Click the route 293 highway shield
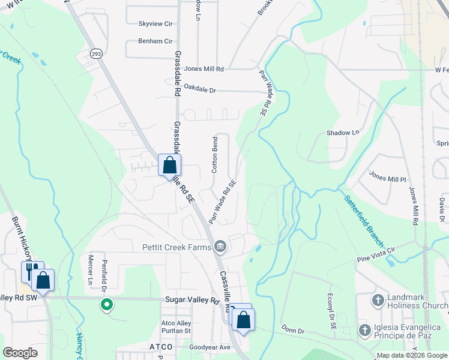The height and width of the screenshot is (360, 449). (x=96, y=54)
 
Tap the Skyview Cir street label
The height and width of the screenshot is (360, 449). (x=155, y=24)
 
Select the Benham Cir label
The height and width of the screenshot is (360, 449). (x=155, y=41)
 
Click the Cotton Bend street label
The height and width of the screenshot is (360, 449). (x=214, y=155)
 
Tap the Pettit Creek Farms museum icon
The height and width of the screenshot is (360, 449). (x=220, y=246)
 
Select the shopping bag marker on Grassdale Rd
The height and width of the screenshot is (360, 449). (x=170, y=165)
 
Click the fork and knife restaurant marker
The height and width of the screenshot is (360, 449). (x=30, y=271)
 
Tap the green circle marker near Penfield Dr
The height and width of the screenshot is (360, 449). (x=107, y=305)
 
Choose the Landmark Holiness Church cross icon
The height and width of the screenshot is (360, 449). (x=378, y=299)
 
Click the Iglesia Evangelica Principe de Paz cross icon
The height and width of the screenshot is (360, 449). (x=364, y=330)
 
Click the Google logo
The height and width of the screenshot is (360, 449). (x=20, y=353)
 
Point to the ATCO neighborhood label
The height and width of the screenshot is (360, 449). (x=161, y=347)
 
